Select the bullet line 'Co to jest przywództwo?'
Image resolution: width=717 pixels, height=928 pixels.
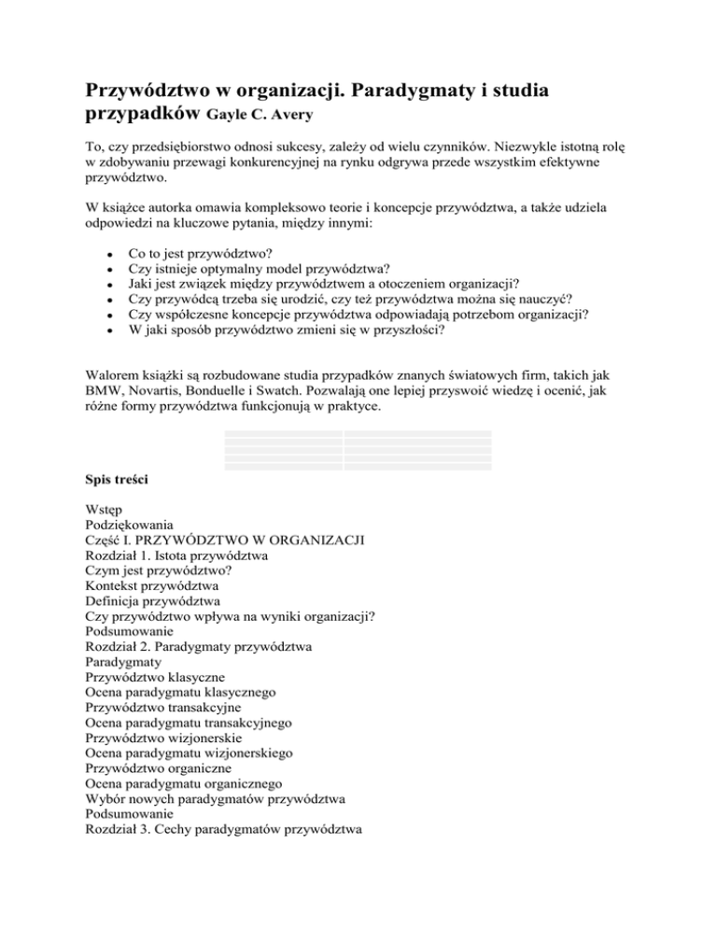(x=199, y=253)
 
